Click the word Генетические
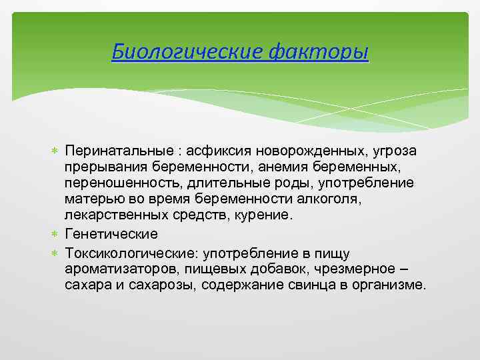pos(111,235)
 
